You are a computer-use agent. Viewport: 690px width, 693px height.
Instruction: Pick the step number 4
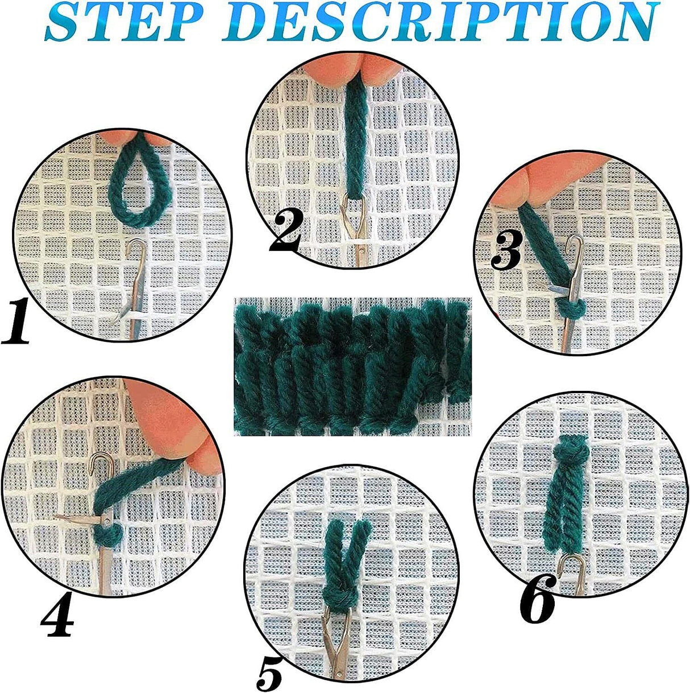(57, 617)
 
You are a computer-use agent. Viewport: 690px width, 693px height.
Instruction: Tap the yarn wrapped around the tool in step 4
(108, 535)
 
